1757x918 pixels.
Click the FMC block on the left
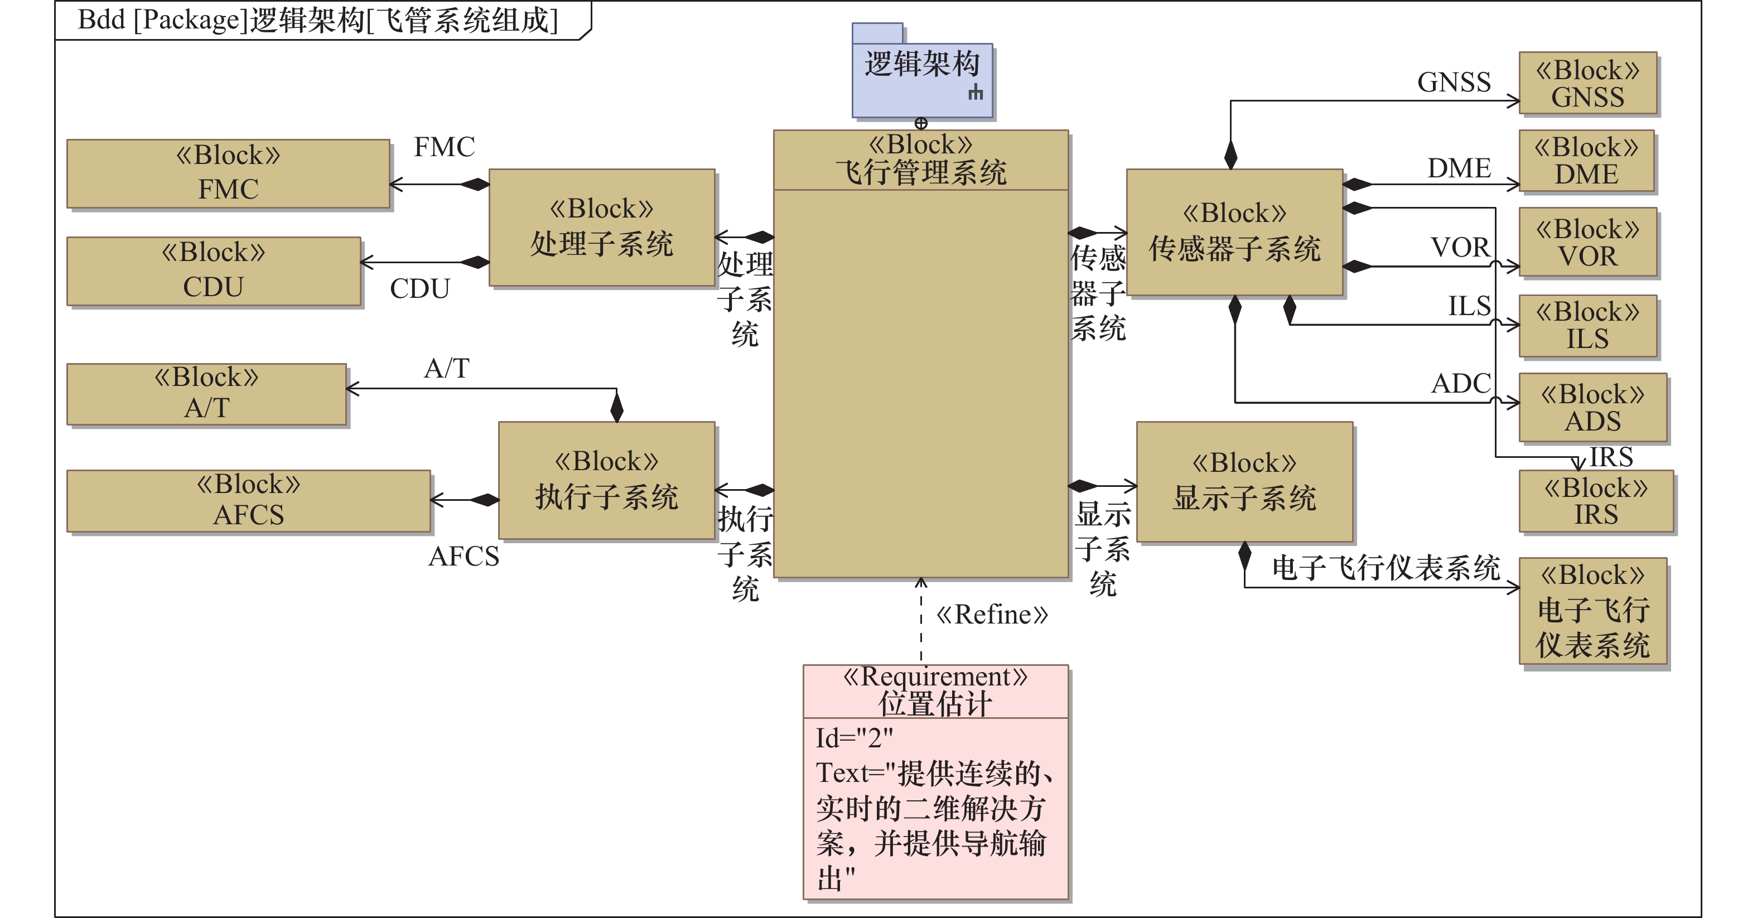[229, 174]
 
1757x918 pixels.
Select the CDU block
[214, 270]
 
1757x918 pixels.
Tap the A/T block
[207, 394]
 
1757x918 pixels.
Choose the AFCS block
[248, 501]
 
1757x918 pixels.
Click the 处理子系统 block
[602, 227]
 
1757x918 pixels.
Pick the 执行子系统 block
[606, 480]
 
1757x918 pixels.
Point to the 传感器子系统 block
[1234, 232]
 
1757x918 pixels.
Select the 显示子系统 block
[1244, 481]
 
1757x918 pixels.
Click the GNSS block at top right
[1588, 83]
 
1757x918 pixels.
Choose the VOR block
[1588, 242]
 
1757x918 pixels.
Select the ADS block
[1592, 407]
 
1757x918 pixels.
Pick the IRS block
[1596, 501]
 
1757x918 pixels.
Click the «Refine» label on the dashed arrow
[992, 615]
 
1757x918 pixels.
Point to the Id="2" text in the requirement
[854, 738]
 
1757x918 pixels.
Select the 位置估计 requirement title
[935, 703]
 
